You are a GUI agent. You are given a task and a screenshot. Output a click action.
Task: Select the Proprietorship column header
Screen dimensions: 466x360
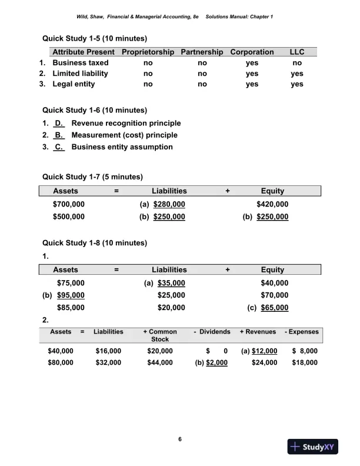tap(148, 52)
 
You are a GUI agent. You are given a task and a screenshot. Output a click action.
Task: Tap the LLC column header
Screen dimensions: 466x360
tap(297, 52)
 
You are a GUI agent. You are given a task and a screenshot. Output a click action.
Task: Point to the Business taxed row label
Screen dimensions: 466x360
tap(81, 62)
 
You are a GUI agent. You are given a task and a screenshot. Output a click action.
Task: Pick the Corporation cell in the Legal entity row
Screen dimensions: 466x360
tap(252, 84)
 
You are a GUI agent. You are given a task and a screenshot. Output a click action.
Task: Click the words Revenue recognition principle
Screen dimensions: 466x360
tap(126, 123)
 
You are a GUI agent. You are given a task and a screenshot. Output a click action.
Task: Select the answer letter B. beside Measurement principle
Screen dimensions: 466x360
tap(59, 135)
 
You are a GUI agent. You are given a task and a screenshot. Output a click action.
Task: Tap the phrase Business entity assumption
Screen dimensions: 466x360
tap(122, 147)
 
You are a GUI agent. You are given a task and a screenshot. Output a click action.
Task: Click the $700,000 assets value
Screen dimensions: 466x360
tap(69, 204)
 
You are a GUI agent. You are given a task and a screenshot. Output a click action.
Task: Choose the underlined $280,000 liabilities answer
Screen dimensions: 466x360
tap(169, 204)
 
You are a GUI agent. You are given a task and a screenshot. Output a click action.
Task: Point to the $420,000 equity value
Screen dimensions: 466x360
tap(272, 204)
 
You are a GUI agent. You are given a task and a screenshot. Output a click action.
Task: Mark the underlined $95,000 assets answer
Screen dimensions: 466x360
tap(71, 295)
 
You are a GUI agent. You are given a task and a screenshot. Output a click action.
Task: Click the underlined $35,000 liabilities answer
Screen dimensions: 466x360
tap(171, 283)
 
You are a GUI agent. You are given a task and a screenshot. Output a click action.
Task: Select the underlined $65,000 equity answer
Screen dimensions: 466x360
tap(274, 307)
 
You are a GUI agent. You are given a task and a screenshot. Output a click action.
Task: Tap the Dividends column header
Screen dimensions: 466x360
tap(212, 332)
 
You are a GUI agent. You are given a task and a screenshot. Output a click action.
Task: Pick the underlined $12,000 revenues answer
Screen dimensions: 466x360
tap(264, 351)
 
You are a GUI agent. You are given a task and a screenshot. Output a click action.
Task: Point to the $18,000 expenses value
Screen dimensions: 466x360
tap(305, 362)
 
